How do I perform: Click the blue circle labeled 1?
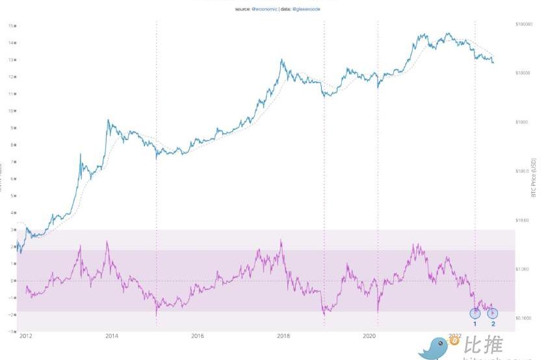pyautogui.click(x=475, y=313)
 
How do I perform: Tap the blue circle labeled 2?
pyautogui.click(x=493, y=313)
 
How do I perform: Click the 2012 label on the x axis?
pyautogui.click(x=27, y=336)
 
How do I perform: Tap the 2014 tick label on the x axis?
pyautogui.click(x=112, y=336)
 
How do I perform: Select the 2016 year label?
pyautogui.click(x=198, y=336)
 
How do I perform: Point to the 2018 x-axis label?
pyautogui.click(x=283, y=336)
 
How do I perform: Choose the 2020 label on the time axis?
pyautogui.click(x=369, y=336)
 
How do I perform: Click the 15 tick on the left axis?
pyautogui.click(x=11, y=25)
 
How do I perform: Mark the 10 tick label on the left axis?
pyautogui.click(x=11, y=110)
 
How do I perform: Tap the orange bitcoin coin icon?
pyautogui.click(x=454, y=341)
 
